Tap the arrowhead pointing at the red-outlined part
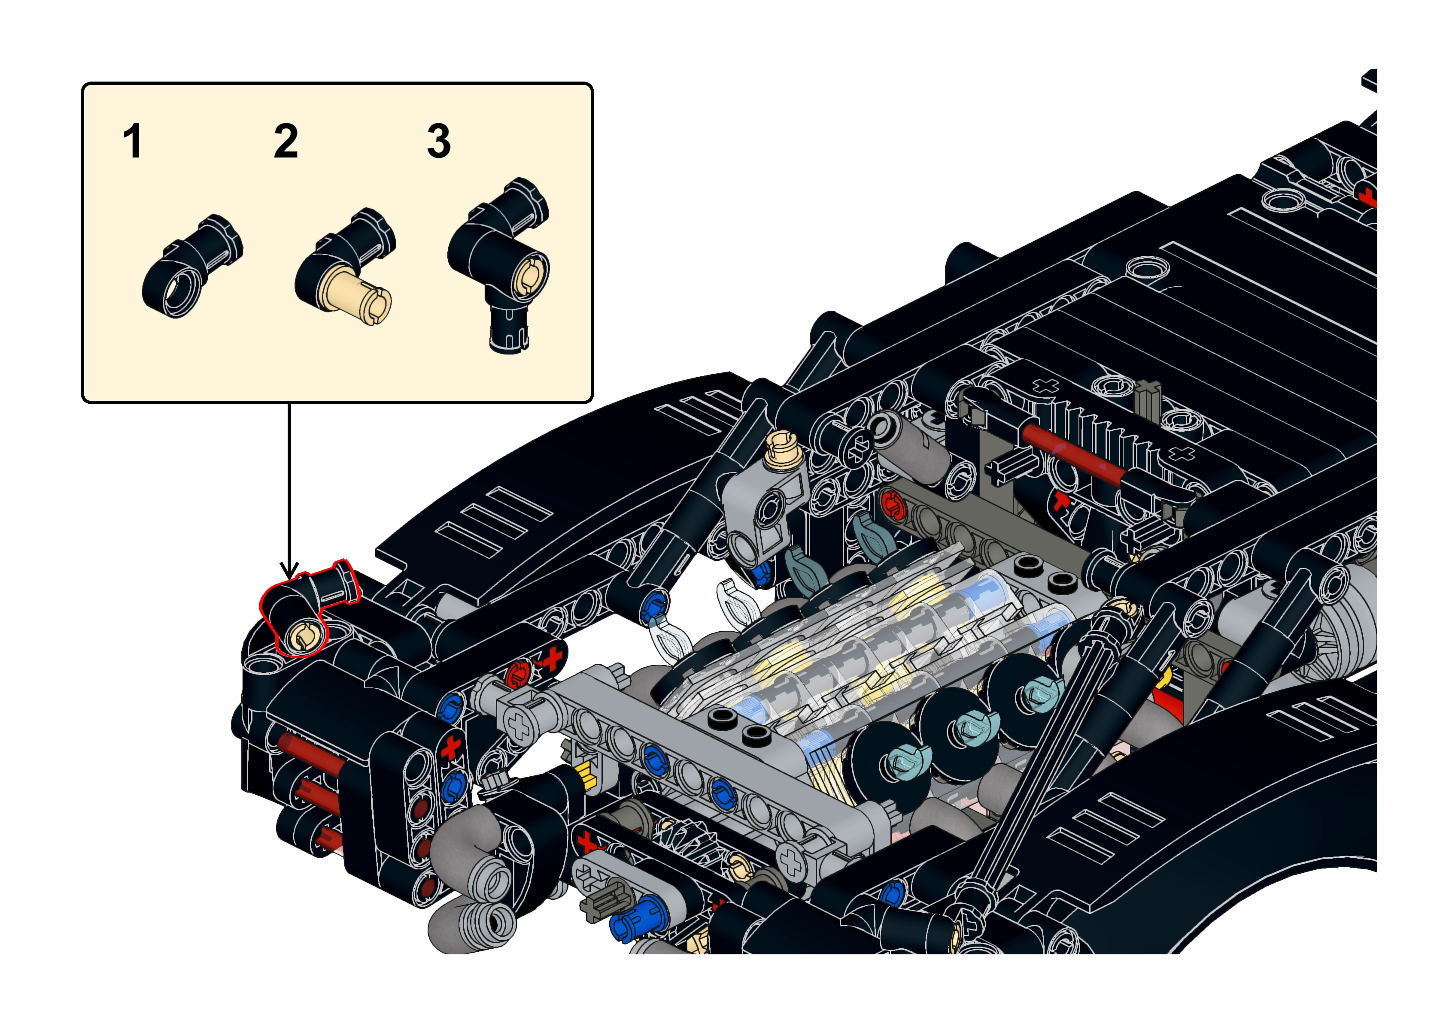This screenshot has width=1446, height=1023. tap(289, 571)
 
